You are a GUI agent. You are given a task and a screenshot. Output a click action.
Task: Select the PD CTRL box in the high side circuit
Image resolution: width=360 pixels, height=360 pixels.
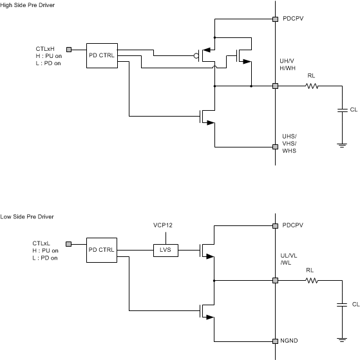click(x=101, y=55)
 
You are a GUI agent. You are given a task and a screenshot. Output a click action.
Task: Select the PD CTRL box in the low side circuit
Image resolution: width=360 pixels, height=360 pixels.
click(x=101, y=249)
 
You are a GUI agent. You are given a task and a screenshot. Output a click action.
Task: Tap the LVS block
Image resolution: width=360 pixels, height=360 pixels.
click(x=164, y=249)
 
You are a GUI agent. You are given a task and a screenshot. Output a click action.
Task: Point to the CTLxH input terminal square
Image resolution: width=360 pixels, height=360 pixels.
click(x=71, y=48)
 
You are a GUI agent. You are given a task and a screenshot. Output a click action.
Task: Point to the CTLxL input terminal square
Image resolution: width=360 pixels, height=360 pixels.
click(x=71, y=243)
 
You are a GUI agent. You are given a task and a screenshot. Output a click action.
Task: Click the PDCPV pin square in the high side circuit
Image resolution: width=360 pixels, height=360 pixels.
click(x=275, y=19)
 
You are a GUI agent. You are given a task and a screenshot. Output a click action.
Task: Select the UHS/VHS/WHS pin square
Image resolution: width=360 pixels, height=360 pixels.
click(x=275, y=147)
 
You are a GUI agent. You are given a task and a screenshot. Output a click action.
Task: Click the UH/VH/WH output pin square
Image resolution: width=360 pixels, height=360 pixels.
click(x=275, y=86)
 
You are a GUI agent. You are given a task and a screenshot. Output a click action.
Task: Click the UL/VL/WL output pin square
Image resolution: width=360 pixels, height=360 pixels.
click(x=275, y=280)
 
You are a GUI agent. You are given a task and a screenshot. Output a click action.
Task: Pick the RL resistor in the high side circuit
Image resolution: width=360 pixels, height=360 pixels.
click(x=312, y=86)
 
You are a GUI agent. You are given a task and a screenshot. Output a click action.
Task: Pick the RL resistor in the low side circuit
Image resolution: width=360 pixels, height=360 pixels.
click(x=312, y=280)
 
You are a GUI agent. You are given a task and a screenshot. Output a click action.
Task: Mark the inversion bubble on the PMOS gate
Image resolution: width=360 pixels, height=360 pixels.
click(x=196, y=55)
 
